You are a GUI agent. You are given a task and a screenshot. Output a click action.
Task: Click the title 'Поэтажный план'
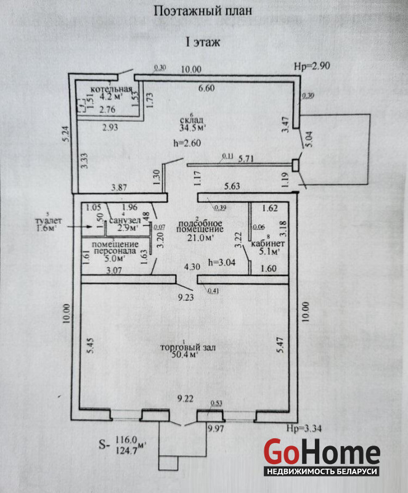[203, 10]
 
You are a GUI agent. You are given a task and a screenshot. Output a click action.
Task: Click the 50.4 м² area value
[184, 355]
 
